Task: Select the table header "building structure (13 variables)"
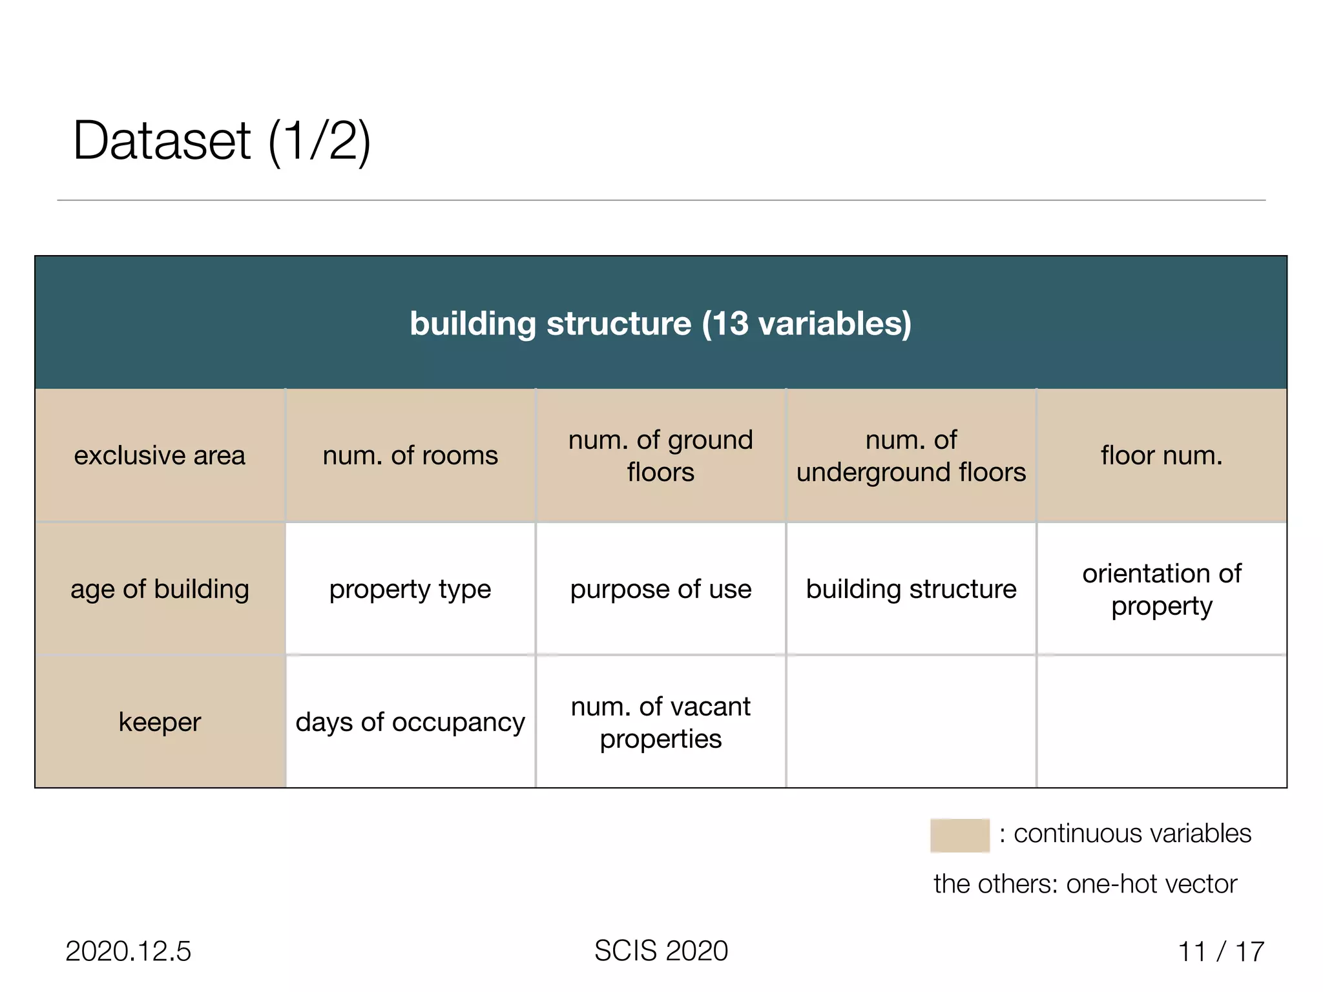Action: tap(660, 323)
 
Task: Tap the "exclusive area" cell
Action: tap(160, 455)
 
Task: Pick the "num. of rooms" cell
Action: tap(410, 455)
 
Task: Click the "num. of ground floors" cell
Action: tap(660, 455)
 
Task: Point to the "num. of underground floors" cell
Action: tap(911, 455)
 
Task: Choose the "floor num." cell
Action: tap(1162, 455)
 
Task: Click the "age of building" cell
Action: tap(160, 589)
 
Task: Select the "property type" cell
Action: tap(410, 589)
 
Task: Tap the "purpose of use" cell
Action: tap(660, 589)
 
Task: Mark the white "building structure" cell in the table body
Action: tap(911, 589)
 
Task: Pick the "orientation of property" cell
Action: tap(1162, 589)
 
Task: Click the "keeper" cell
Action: tap(160, 722)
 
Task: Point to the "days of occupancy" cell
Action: tap(410, 722)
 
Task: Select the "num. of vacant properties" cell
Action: tap(660, 722)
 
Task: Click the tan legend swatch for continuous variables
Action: tap(959, 835)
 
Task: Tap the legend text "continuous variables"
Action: tap(1132, 834)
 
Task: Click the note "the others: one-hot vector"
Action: tap(1085, 883)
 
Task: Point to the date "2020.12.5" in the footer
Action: tap(128, 951)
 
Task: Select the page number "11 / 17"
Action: tap(1220, 951)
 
